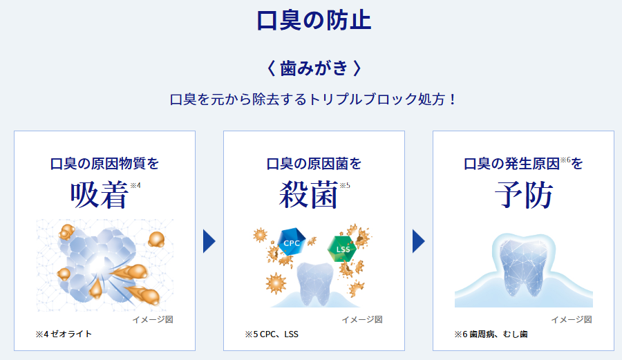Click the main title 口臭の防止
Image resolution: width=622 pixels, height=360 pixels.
pos(314,21)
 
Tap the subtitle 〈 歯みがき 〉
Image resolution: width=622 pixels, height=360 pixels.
pos(314,68)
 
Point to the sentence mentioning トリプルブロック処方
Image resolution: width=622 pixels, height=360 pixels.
pos(313,99)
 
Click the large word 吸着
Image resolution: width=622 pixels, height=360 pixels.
pos(100,195)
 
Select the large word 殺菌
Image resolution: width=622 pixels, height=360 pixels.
pos(309,195)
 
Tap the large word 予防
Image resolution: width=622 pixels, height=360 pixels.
pos(524,195)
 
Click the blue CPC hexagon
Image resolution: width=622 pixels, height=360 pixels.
pos(292,242)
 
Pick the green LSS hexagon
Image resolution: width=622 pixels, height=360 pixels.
pos(342,249)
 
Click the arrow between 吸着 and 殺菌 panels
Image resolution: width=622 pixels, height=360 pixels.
pos(209,241)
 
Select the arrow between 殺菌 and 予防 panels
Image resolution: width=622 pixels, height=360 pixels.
pos(419,241)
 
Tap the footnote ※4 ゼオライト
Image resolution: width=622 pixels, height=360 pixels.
pos(64,334)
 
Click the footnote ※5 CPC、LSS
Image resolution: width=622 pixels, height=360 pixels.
pos(272,334)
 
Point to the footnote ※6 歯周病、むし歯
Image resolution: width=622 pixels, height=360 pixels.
pos(491,334)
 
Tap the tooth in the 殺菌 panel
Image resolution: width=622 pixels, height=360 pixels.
pos(316,283)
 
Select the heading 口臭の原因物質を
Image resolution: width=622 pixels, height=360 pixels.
pos(105,163)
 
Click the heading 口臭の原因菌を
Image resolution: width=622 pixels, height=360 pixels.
pos(314,163)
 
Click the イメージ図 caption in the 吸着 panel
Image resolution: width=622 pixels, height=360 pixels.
pos(153,319)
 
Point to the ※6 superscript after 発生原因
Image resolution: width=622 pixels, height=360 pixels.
pos(565,160)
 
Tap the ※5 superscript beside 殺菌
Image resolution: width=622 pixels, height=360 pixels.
pos(345,185)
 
